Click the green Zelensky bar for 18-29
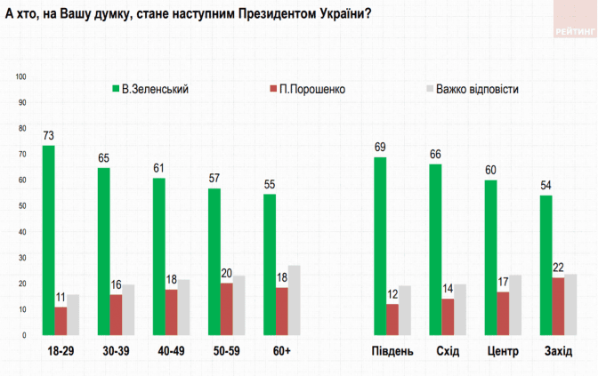pyautogui.click(x=48, y=240)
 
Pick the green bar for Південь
pyautogui.click(x=380, y=246)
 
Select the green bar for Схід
pyautogui.click(x=435, y=250)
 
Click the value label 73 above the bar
pyautogui.click(x=48, y=135)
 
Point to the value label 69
pyautogui.click(x=380, y=148)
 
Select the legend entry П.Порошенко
pyautogui.click(x=305, y=89)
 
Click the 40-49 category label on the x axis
pyautogui.click(x=171, y=352)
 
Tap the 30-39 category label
pyautogui.click(x=116, y=352)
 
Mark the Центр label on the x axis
pyautogui.click(x=503, y=352)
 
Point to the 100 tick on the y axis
pyautogui.click(x=21, y=77)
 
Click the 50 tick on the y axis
pyautogui.click(x=23, y=206)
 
